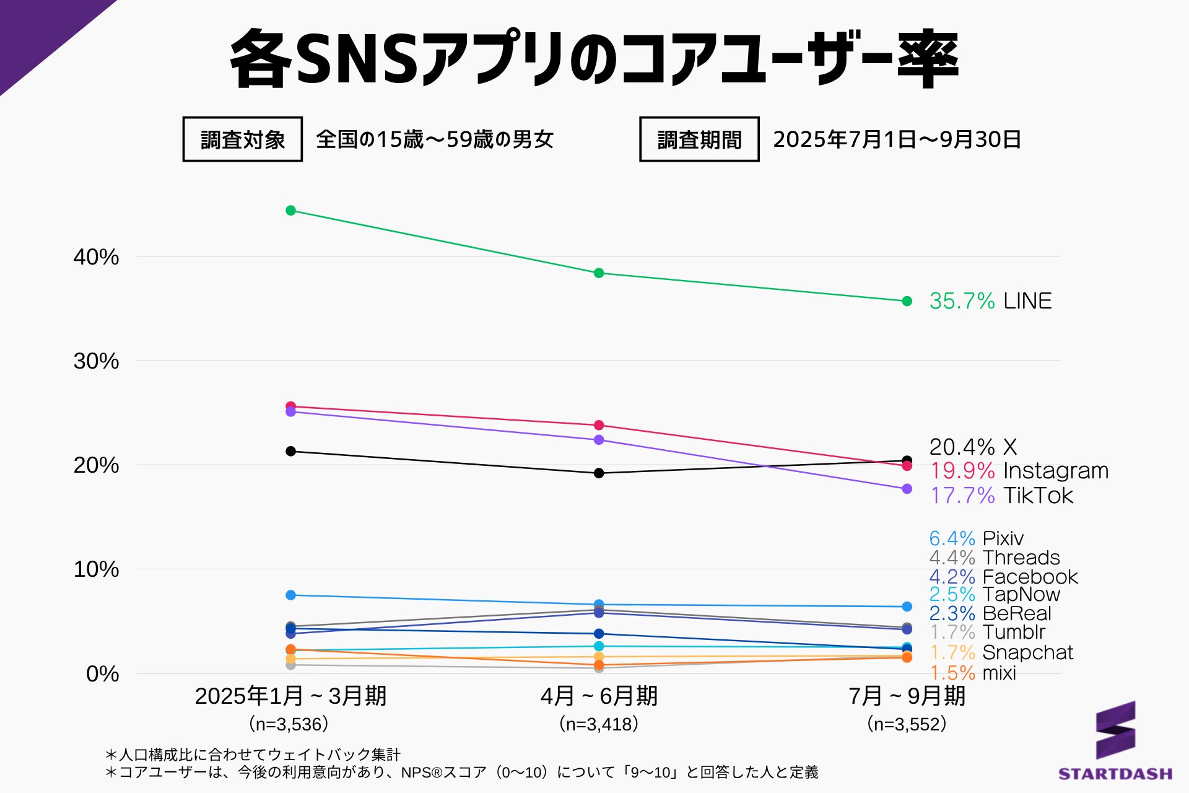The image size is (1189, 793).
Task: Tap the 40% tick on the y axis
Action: (96, 256)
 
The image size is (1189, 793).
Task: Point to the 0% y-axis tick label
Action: (102, 673)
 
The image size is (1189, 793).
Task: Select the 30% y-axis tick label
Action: (96, 361)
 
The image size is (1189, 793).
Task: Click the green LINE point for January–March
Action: (290, 211)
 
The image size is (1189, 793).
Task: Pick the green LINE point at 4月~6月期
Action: (599, 273)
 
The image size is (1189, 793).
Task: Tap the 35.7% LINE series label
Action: (990, 301)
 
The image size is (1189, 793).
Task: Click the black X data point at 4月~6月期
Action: (599, 473)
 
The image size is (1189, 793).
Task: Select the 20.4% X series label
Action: (972, 447)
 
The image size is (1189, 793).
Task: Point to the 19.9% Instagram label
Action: (1018, 471)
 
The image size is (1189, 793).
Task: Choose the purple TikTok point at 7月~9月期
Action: (907, 489)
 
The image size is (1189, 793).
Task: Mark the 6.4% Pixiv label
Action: (976, 538)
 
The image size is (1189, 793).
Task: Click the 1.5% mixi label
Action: (972, 673)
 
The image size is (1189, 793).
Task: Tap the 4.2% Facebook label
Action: (1003, 577)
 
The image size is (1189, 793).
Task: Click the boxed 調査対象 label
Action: (243, 139)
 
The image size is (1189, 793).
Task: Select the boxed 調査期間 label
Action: (699, 139)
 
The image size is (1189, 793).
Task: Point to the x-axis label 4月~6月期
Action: (599, 696)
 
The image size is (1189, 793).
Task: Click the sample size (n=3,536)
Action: (289, 724)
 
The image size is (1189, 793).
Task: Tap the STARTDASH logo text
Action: (1115, 774)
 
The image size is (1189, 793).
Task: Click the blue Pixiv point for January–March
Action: (290, 595)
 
